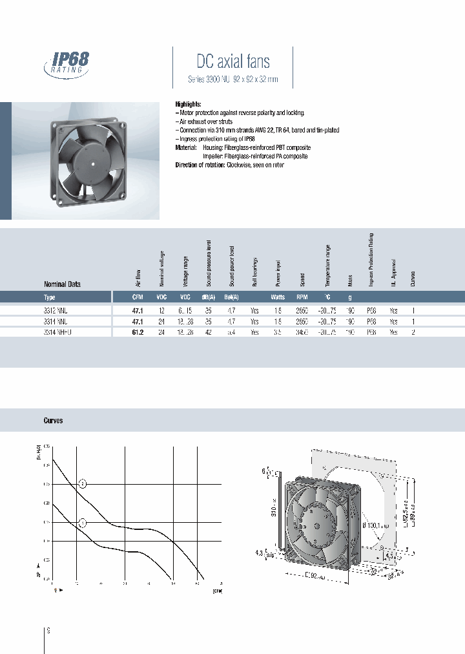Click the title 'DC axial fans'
(x=232, y=61)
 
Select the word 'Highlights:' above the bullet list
(x=188, y=104)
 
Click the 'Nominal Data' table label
(x=62, y=284)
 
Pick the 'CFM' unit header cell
(x=137, y=298)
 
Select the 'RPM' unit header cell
(x=302, y=298)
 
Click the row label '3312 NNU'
(x=55, y=310)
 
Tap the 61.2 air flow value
(x=137, y=332)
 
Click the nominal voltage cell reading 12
(x=161, y=310)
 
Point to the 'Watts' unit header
(x=278, y=298)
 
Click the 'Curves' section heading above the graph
(x=53, y=421)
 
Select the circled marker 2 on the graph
(x=82, y=483)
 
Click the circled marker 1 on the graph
(x=82, y=523)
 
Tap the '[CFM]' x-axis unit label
(x=216, y=589)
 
